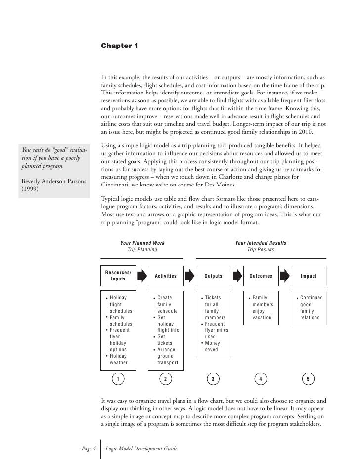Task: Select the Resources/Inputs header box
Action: pyautogui.click(x=118, y=276)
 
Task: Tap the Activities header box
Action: pyautogui.click(x=166, y=276)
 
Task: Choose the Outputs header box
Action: pyautogui.click(x=213, y=276)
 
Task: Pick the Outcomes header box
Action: pyautogui.click(x=261, y=276)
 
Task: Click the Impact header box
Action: pyautogui.click(x=308, y=276)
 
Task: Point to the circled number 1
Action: pyautogui.click(x=118, y=379)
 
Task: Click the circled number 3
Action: pyautogui.click(x=213, y=379)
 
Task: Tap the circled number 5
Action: pyautogui.click(x=308, y=379)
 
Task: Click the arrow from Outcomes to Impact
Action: pyautogui.click(x=285, y=276)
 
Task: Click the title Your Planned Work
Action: pyautogui.click(x=142, y=243)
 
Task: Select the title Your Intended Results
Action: pyautogui.click(x=261, y=243)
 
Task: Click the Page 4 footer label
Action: pyautogui.click(x=88, y=448)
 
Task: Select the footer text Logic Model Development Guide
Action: pyautogui.click(x=142, y=448)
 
